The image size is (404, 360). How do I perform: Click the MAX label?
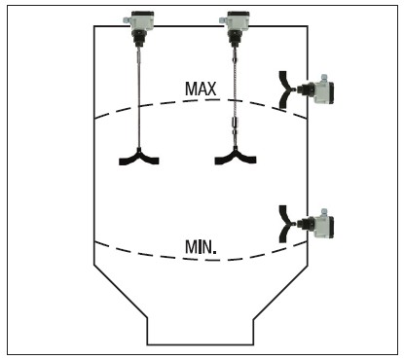click(x=201, y=89)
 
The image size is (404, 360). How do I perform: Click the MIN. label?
click(x=201, y=247)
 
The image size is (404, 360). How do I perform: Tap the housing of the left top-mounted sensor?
click(x=142, y=21)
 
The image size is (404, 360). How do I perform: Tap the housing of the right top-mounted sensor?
click(x=239, y=21)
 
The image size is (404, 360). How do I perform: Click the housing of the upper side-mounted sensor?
click(x=323, y=92)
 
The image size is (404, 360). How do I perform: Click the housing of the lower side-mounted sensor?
click(x=323, y=227)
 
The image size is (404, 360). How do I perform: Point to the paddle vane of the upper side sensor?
click(x=284, y=90)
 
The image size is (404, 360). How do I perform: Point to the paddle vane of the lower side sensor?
click(x=284, y=224)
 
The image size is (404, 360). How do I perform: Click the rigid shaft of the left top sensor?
click(x=139, y=97)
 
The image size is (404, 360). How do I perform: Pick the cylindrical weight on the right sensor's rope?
click(x=235, y=124)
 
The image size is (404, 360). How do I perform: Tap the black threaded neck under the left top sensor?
click(x=139, y=38)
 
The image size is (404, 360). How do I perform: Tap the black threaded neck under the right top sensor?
click(x=235, y=38)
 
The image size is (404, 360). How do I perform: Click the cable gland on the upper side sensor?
click(x=323, y=78)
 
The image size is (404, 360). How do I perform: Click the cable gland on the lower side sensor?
click(x=323, y=212)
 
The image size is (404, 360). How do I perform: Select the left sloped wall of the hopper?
click(x=121, y=292)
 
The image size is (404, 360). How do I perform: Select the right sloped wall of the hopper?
click(x=280, y=292)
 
